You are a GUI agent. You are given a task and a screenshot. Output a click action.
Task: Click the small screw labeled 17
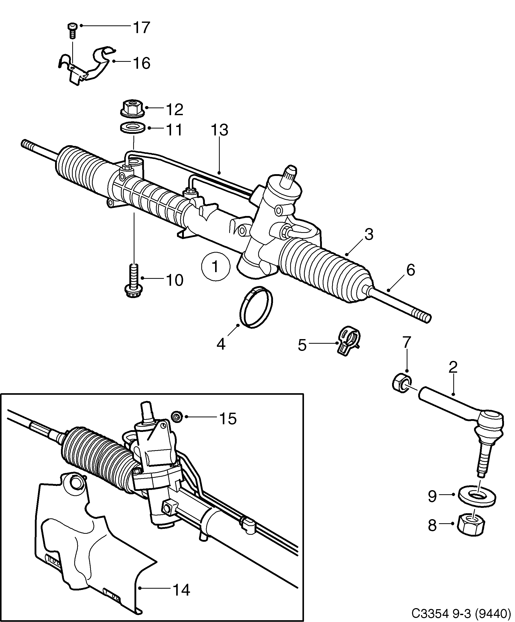pos(72,31)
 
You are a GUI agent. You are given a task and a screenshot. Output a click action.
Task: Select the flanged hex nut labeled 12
pos(132,108)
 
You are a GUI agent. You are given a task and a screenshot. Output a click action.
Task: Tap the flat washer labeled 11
pos(132,128)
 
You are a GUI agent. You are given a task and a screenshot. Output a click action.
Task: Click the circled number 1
pos(215,266)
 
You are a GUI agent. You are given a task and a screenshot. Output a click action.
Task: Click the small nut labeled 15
pos(177,417)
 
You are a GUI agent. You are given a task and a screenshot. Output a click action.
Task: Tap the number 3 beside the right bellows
pos(369,234)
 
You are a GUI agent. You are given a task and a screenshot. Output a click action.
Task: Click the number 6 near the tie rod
pos(411,270)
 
